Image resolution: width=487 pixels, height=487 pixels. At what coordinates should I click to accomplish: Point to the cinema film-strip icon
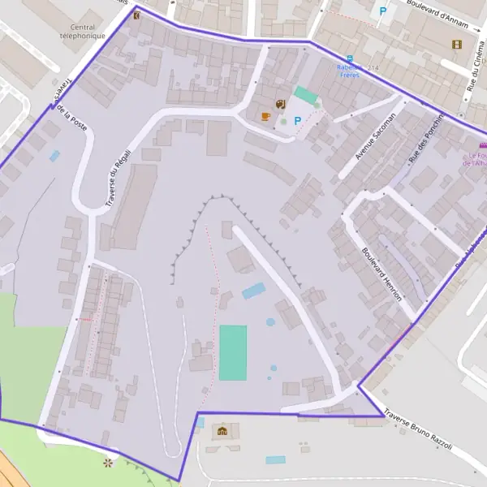457,44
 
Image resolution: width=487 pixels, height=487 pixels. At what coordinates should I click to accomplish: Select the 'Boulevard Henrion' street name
382,274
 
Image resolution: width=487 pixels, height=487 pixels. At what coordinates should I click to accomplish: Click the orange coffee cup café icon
265,116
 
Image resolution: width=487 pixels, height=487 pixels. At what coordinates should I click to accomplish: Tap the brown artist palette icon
280,104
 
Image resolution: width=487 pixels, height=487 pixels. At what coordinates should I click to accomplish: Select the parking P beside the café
297,121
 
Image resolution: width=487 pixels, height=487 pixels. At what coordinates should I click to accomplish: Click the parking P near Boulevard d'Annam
382,11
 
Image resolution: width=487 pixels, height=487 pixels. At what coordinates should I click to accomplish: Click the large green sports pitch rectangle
233,352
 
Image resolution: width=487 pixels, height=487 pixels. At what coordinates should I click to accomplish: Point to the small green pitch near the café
306,95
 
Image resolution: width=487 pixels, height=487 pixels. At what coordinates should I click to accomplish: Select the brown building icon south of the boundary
222,430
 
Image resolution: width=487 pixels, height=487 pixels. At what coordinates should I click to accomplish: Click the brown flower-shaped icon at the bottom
109,463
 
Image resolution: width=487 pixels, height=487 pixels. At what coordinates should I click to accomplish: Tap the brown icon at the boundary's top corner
137,14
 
